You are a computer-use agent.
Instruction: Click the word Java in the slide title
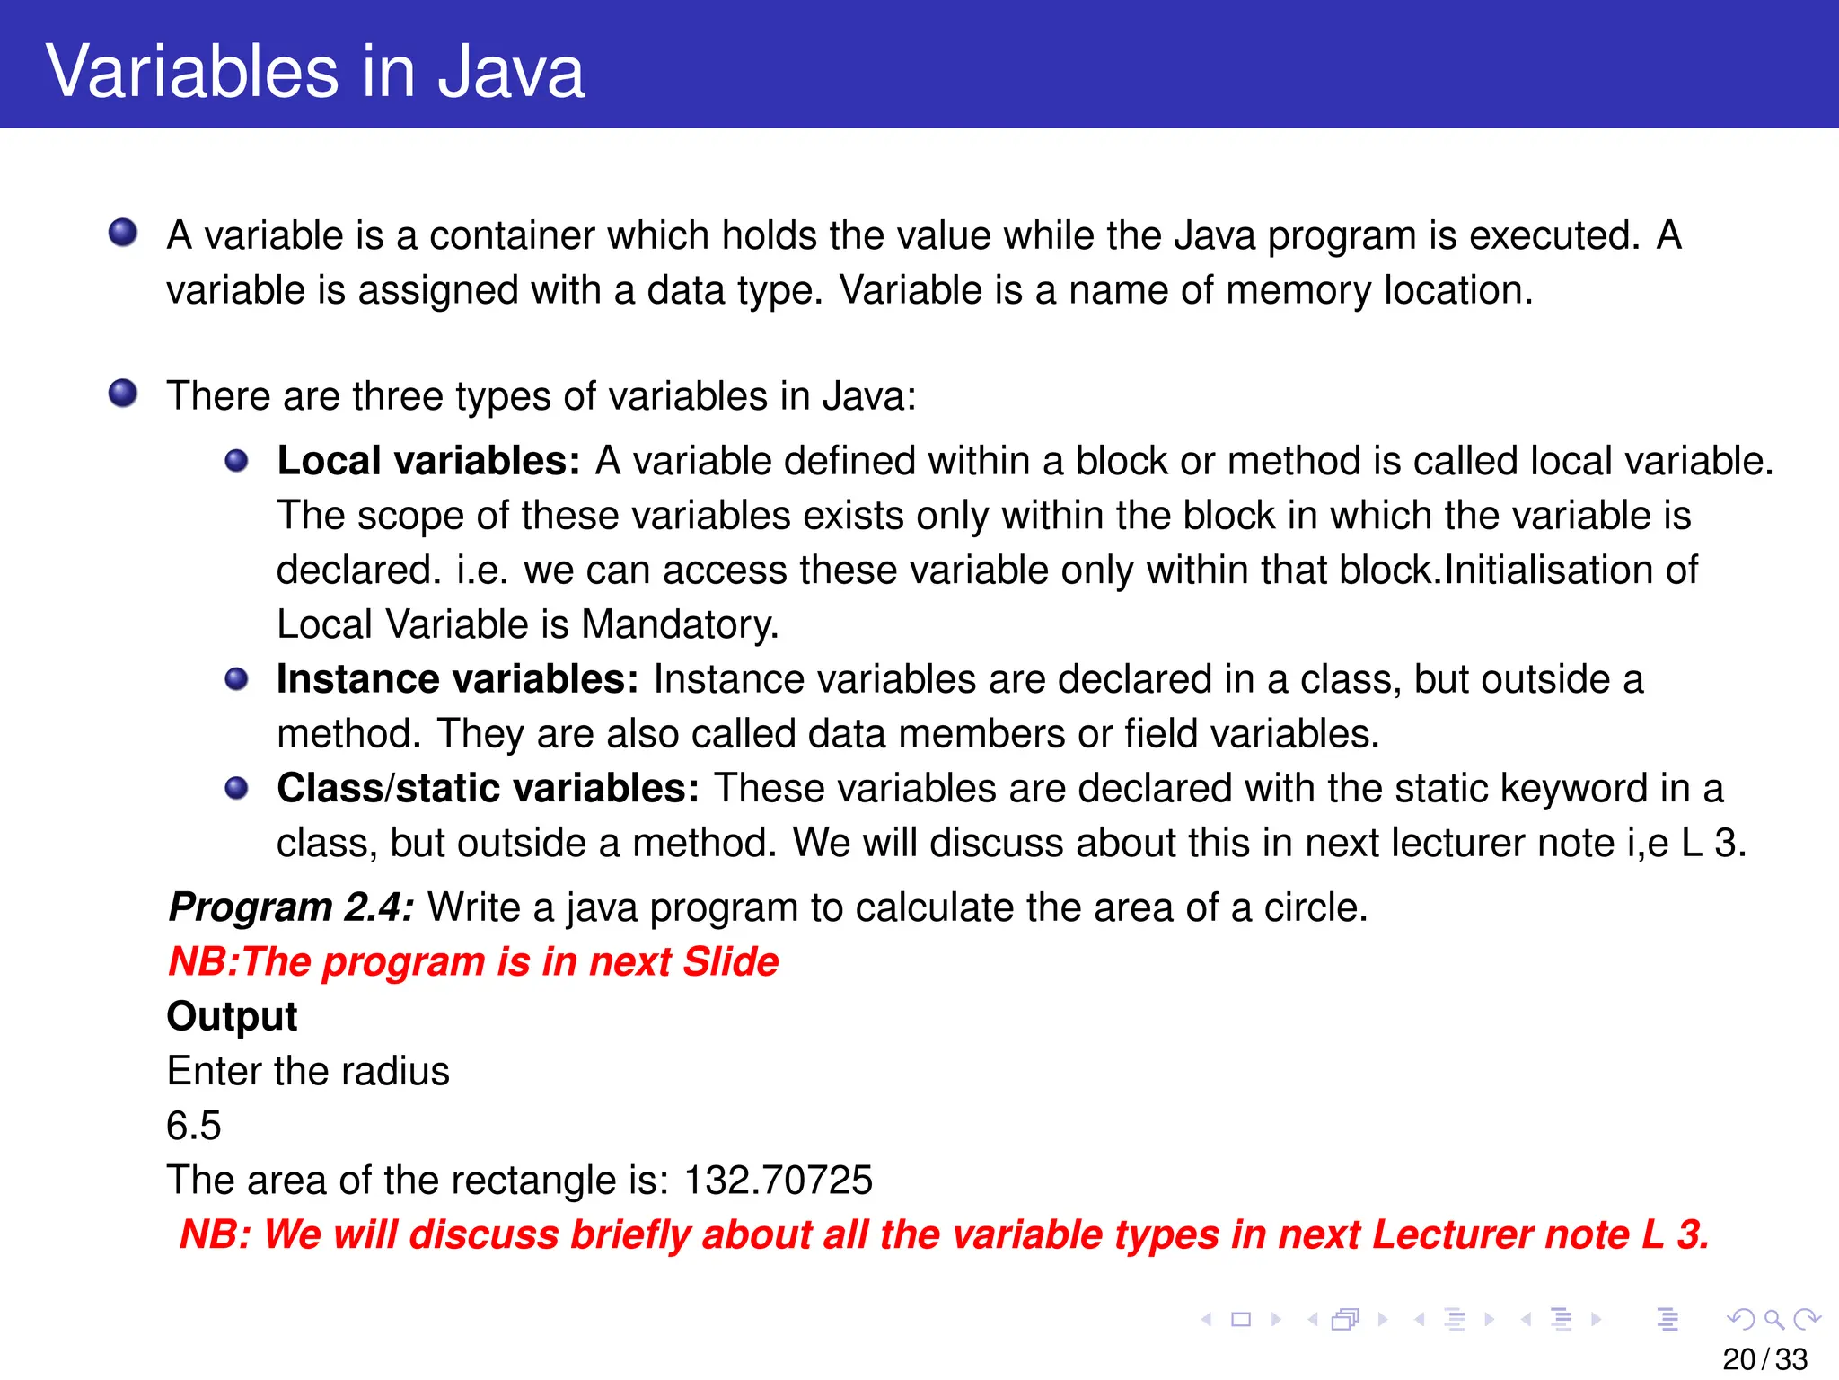pos(510,72)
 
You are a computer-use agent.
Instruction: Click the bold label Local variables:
pos(428,461)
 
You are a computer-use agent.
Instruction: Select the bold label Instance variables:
pos(457,679)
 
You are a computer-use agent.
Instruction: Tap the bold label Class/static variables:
pos(488,788)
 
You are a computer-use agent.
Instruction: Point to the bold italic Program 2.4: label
pos(291,907)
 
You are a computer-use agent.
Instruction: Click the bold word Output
pos(232,1016)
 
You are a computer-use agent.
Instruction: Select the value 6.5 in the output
pos(194,1126)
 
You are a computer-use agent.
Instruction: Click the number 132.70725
pos(778,1181)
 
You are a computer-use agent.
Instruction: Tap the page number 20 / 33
pos(1764,1359)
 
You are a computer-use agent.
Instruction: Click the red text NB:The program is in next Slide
pos(473,962)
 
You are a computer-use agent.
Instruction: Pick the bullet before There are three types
pos(123,394)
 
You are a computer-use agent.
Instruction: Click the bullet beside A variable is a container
pos(123,233)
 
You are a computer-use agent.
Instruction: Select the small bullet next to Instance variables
pos(236,679)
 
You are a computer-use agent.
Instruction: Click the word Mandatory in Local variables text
pos(680,624)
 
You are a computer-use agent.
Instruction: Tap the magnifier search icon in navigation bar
pos(1773,1319)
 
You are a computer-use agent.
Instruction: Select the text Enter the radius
pos(308,1071)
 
